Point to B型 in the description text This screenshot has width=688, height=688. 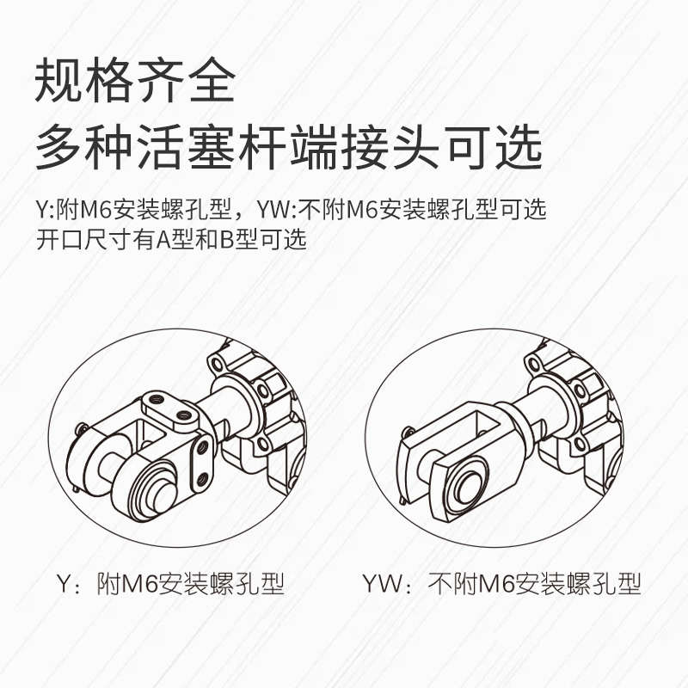pos(238,240)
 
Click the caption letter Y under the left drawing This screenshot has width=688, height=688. pos(61,586)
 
